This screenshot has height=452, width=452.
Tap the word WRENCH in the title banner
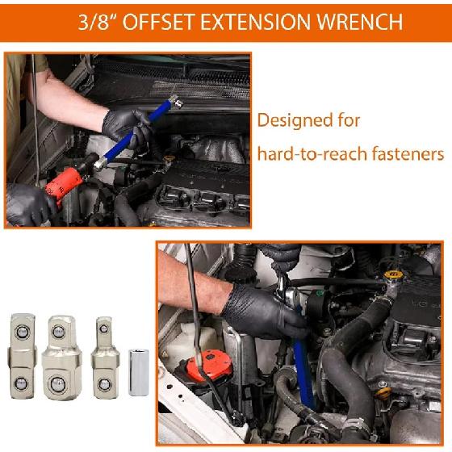tap(359, 22)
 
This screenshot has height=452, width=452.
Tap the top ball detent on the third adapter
tap(103, 328)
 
